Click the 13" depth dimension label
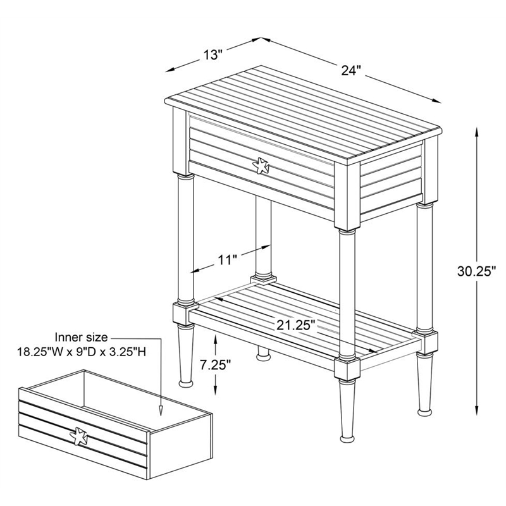click(213, 54)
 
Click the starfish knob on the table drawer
click(261, 166)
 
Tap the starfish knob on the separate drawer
click(79, 436)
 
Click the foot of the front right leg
click(347, 436)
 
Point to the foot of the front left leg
click(187, 382)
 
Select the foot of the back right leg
click(423, 410)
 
